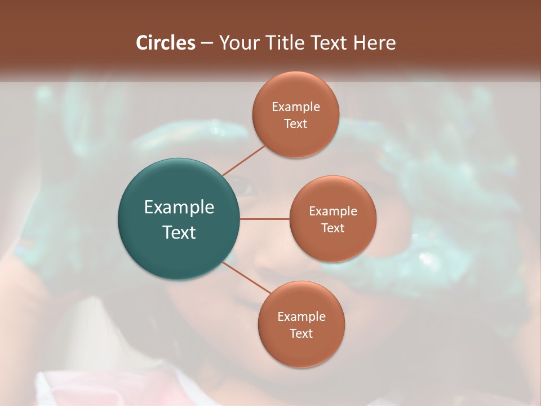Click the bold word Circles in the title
166,43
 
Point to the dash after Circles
207,43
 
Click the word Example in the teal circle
179,208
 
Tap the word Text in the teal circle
179,232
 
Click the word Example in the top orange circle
295,107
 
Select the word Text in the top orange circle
295,124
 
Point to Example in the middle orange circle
332,211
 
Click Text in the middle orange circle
332,228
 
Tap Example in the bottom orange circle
301,317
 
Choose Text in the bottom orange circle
301,334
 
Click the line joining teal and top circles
243,161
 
